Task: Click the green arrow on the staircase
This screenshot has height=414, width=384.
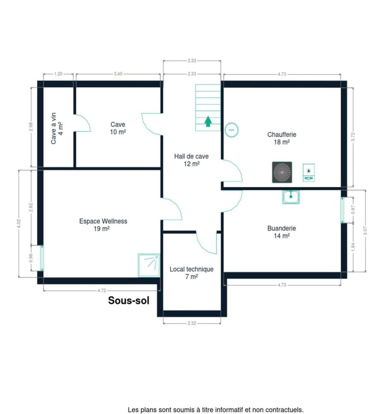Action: click(208, 122)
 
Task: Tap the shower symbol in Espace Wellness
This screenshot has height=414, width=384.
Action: click(149, 265)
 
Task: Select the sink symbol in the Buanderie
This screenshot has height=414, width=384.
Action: click(291, 197)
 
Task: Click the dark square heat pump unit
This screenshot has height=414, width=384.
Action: click(282, 172)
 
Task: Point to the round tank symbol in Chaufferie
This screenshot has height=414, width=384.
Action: click(232, 130)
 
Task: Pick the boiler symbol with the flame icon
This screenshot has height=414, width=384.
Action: click(308, 173)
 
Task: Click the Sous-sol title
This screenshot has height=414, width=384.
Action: click(129, 300)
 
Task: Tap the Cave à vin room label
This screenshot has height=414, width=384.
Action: click(57, 128)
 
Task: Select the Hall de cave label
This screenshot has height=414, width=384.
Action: click(191, 156)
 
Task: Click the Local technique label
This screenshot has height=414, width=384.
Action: click(192, 269)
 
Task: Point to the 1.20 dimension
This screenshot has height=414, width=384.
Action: click(58, 74)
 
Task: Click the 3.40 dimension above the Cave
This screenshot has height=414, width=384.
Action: click(118, 74)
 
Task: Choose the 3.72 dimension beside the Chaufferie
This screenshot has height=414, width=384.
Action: click(353, 137)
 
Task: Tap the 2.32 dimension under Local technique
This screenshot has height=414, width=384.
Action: click(192, 323)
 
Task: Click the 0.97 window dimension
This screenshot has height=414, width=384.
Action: click(353, 210)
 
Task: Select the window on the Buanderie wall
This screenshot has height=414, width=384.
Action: click(342, 210)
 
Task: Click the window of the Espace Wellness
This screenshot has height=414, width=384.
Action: click(42, 258)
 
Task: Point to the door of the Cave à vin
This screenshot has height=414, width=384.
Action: click(82, 123)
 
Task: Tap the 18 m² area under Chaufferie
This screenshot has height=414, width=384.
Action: click(282, 142)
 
